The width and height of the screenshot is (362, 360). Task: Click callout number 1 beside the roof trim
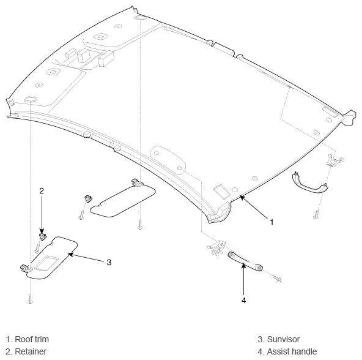271,222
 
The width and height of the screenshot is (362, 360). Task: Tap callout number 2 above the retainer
42,191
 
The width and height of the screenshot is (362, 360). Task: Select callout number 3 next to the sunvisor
109,263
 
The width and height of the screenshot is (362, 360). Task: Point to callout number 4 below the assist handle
244,301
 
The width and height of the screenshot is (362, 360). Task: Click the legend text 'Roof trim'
32,339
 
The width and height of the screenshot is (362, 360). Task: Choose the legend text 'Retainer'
31,351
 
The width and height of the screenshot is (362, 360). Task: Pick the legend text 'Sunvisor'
283,339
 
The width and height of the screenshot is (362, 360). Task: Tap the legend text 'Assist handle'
292,351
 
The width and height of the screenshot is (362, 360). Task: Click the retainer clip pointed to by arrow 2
42,236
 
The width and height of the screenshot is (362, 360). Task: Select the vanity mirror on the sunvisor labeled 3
46,263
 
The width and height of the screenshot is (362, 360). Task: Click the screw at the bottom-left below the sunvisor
30,299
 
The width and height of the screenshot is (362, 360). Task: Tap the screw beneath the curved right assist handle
316,214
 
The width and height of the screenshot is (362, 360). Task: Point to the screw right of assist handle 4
276,279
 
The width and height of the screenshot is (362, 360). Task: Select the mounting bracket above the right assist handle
334,160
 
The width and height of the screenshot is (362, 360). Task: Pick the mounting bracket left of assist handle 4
216,247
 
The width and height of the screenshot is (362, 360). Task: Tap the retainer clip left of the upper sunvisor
87,198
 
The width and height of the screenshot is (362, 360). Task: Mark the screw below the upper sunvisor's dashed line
140,225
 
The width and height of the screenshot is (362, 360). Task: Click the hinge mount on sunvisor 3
24,268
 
